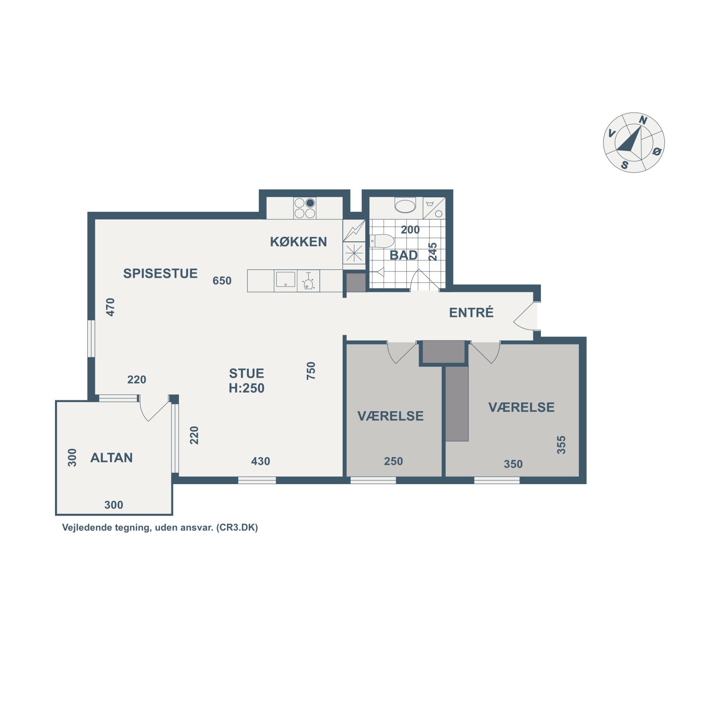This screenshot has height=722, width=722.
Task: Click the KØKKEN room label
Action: click(x=298, y=242)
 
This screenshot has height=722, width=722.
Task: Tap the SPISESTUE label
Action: click(x=160, y=274)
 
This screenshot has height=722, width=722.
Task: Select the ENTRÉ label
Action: click(x=471, y=312)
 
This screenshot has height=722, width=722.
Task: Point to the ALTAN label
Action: click(x=111, y=457)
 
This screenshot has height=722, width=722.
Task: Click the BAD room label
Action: click(x=403, y=255)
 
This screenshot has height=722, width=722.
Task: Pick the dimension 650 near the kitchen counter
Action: click(x=222, y=281)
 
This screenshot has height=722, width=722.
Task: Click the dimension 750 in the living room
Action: click(x=311, y=371)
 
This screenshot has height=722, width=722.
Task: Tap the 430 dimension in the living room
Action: click(x=261, y=461)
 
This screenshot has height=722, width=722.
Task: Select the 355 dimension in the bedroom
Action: click(x=561, y=445)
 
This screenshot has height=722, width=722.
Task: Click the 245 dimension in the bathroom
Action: click(x=433, y=252)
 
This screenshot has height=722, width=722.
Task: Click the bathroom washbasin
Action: click(x=405, y=206)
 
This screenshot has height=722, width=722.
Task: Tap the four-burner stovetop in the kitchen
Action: click(x=305, y=208)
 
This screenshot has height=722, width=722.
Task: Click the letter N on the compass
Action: click(x=643, y=120)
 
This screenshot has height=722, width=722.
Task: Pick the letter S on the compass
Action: click(x=625, y=165)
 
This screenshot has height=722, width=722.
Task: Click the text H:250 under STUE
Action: click(x=247, y=388)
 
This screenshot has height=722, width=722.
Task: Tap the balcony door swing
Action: click(x=154, y=409)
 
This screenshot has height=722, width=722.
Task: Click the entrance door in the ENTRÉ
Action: click(x=525, y=316)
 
